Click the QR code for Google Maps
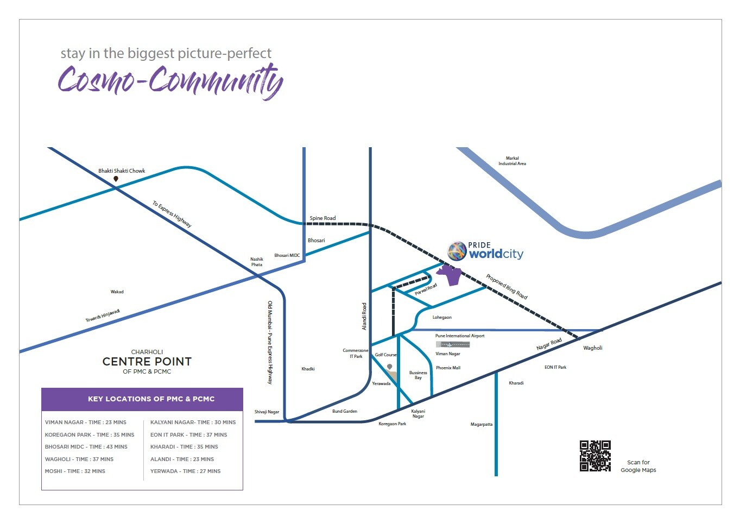(595, 456)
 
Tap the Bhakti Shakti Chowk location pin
(116, 179)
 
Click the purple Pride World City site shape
(451, 275)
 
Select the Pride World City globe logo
(457, 251)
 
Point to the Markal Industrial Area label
(512, 161)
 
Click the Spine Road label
(322, 218)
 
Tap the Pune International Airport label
(460, 336)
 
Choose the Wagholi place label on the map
(592, 348)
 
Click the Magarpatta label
(481, 424)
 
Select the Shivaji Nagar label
(267, 412)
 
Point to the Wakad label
(117, 292)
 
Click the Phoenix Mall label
(448, 368)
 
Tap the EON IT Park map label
(555, 367)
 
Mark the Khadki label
(308, 369)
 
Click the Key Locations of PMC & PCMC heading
(151, 399)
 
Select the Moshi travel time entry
(75, 471)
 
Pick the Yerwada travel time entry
(185, 471)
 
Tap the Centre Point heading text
(147, 361)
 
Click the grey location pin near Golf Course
(389, 367)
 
